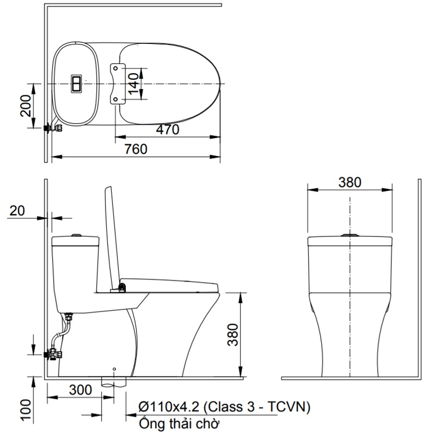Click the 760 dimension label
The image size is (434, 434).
click(x=136, y=149)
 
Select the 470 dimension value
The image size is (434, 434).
click(x=168, y=129)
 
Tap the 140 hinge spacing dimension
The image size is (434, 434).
click(x=133, y=84)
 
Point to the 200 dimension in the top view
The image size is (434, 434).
click(x=25, y=105)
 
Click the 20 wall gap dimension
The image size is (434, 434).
click(x=17, y=210)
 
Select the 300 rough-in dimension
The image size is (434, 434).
click(x=80, y=390)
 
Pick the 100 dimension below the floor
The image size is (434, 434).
click(x=25, y=410)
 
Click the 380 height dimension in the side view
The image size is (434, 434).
click(x=233, y=335)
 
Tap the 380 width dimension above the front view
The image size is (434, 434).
click(x=350, y=182)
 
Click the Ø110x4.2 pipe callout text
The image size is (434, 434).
click(x=224, y=407)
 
